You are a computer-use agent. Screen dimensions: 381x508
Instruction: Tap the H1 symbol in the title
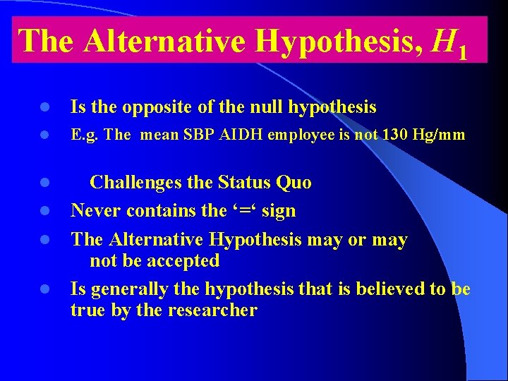449,44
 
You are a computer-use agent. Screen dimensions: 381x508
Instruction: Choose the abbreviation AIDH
243,135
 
